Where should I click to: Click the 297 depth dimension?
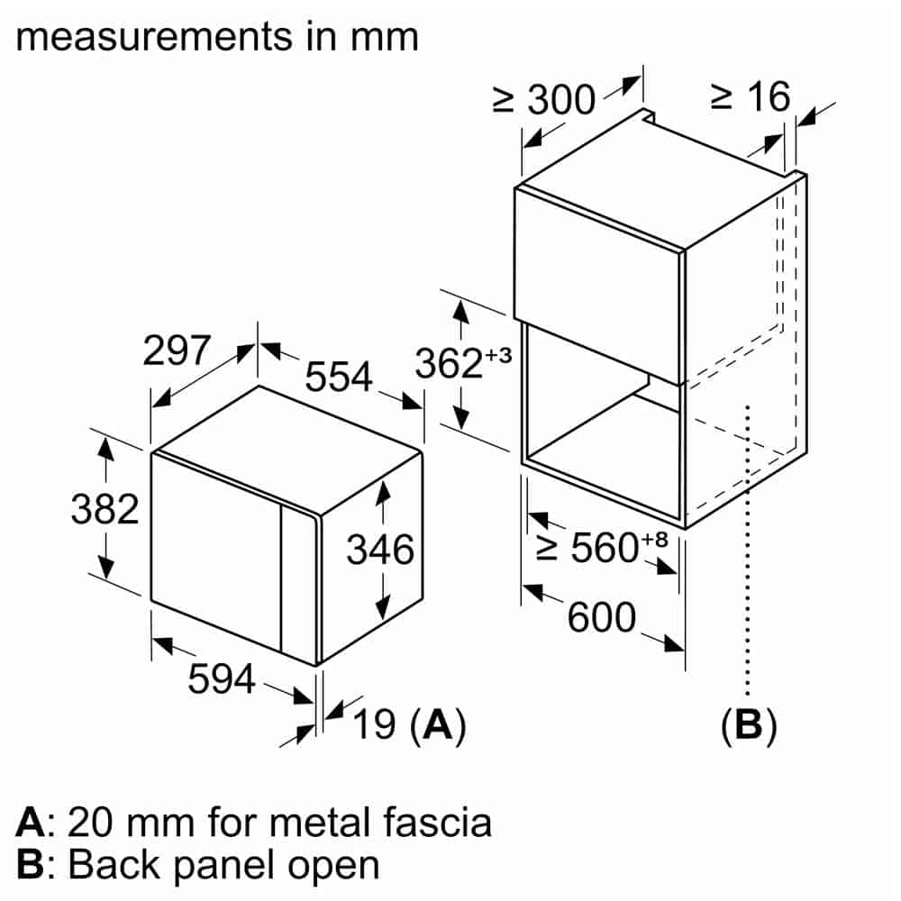click(x=177, y=350)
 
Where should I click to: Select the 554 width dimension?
click(x=338, y=377)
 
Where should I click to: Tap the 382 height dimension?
click(x=105, y=510)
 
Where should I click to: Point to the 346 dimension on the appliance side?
click(x=379, y=550)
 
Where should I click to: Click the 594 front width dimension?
click(x=222, y=679)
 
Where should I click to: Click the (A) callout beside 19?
click(x=437, y=724)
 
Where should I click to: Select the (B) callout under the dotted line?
click(x=748, y=724)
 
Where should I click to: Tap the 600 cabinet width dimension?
click(x=602, y=617)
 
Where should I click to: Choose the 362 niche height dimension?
click(x=449, y=363)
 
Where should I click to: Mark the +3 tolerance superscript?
click(x=497, y=354)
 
